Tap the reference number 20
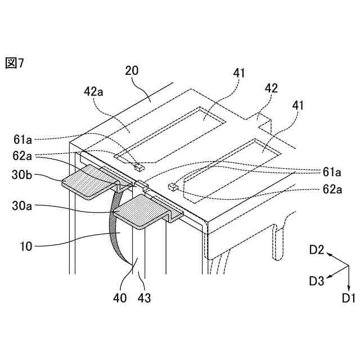coord(133,71)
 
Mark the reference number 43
coord(145,298)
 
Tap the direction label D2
coord(317,250)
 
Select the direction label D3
coord(317,280)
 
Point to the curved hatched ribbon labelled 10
coord(115,236)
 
